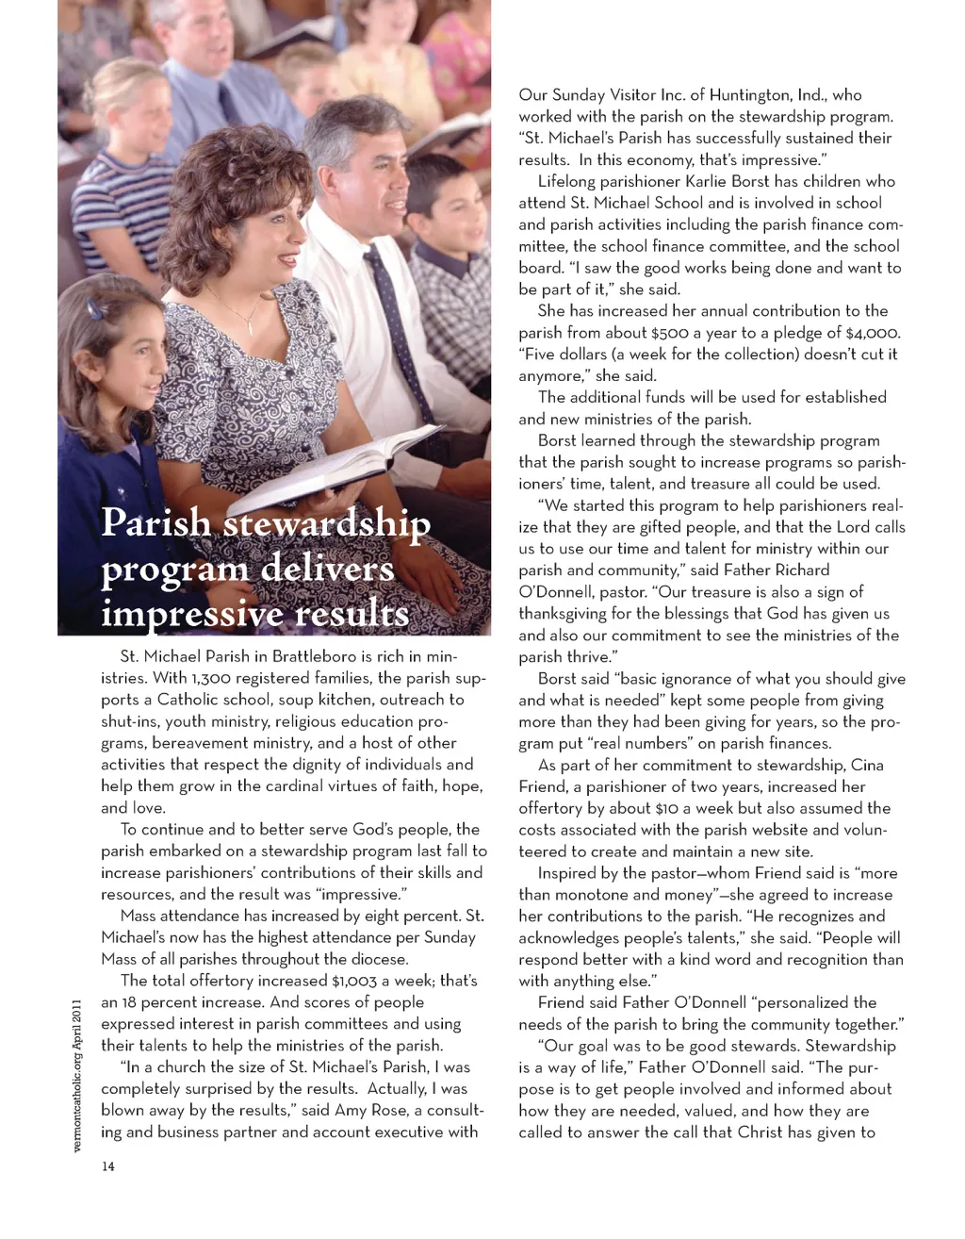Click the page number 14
tap(108, 1166)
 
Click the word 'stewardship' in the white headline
tap(326, 523)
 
